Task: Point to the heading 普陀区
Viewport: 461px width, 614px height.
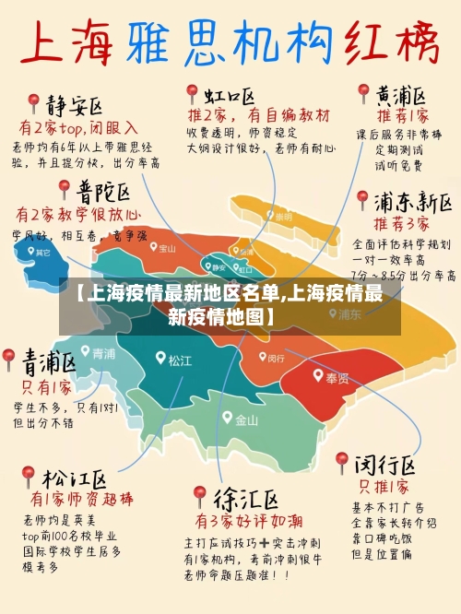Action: pos(102,193)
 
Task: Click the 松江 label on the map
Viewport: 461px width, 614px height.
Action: pos(180,360)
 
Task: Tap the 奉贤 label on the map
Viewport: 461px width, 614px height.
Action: pos(337,378)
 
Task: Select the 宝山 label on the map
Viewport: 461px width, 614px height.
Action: pos(167,247)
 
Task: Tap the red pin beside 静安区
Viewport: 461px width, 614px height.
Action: pos(34,101)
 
